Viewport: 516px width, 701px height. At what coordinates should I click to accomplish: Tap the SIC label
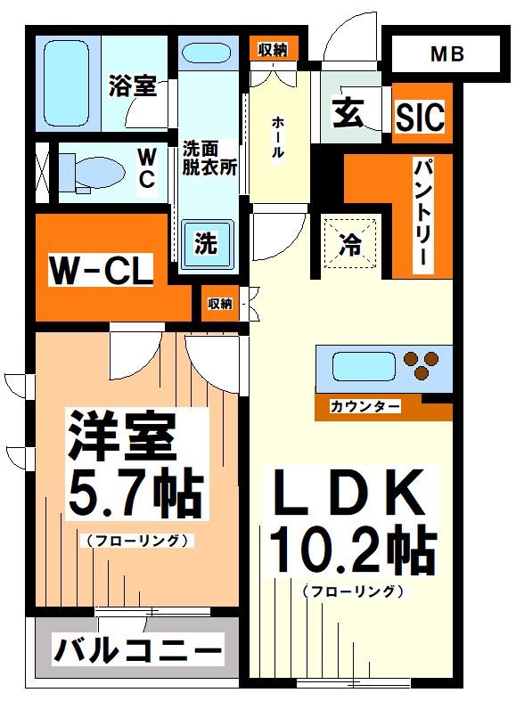[x=419, y=115]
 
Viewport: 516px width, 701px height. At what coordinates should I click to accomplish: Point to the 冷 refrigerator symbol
[x=350, y=243]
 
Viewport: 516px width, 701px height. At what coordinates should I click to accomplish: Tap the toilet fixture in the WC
[x=88, y=171]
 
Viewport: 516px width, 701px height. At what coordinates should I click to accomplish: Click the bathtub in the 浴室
[x=69, y=82]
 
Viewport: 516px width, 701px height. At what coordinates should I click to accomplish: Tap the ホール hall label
[x=278, y=138]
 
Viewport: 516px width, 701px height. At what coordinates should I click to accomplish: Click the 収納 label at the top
[x=273, y=50]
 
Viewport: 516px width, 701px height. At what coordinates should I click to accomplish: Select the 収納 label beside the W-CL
[x=220, y=304]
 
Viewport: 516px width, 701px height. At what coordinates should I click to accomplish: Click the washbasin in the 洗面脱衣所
[x=208, y=53]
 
